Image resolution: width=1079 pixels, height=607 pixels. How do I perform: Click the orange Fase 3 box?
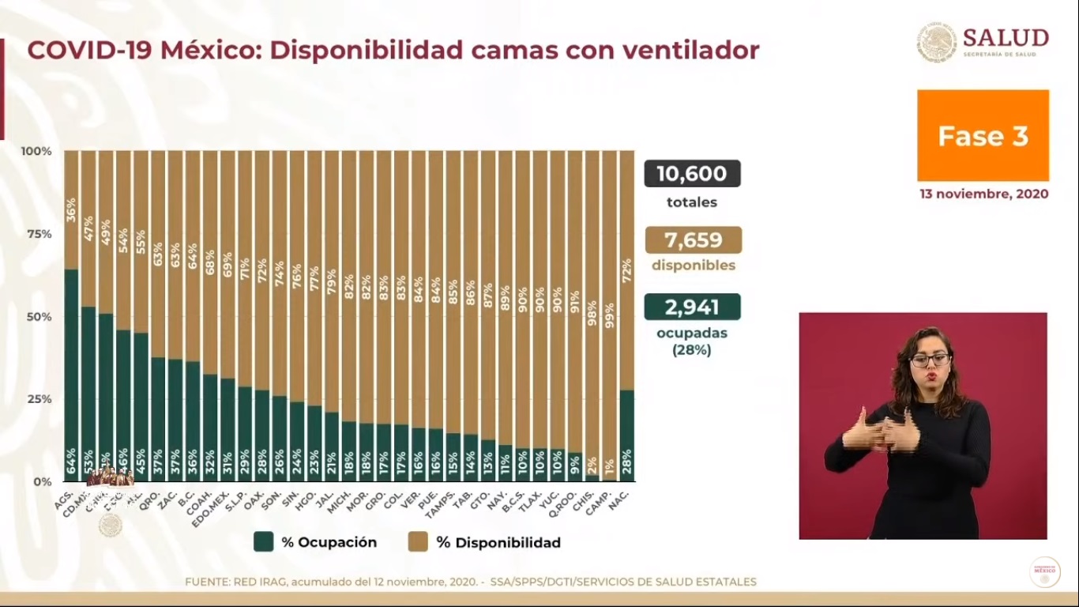point(983,136)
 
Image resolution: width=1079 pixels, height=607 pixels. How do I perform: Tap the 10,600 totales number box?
point(692,174)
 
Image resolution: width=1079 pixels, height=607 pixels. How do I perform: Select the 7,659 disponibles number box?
point(693,240)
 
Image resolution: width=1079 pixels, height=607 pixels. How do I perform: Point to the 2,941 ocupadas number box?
point(692,307)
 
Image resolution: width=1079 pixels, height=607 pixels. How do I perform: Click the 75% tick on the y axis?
point(36,234)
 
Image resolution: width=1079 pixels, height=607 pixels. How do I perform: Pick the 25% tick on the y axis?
point(36,399)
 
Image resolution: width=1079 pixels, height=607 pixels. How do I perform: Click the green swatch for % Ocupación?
point(263,542)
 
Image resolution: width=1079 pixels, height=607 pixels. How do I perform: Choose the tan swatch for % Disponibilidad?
point(418,542)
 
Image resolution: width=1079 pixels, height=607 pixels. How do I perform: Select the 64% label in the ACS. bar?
point(71,461)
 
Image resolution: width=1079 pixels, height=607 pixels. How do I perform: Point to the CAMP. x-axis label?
point(603,497)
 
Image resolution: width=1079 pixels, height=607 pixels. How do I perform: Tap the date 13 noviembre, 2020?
point(983,194)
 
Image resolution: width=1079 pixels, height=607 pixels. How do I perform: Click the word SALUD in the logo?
point(1006,38)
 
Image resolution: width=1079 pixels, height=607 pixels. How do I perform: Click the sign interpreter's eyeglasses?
point(930,360)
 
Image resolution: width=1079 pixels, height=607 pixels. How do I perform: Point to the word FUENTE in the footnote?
point(207,582)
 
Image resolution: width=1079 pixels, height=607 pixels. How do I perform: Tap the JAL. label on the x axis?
point(328,495)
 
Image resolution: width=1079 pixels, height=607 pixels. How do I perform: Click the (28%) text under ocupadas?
point(692,349)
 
